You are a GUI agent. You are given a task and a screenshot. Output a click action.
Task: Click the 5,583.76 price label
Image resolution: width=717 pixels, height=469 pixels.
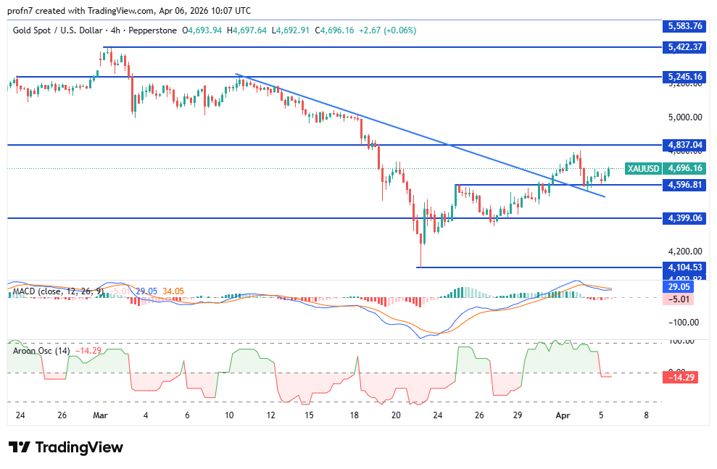click(x=684, y=26)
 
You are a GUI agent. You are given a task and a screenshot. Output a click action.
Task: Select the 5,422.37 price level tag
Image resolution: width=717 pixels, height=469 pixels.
click(x=684, y=47)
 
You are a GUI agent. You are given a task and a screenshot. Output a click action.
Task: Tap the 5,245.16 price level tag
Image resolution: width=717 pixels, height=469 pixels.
click(x=684, y=76)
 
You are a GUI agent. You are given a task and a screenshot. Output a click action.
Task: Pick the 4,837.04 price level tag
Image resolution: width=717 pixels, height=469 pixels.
click(x=684, y=145)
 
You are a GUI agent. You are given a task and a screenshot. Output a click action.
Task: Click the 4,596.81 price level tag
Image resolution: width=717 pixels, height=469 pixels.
click(x=684, y=185)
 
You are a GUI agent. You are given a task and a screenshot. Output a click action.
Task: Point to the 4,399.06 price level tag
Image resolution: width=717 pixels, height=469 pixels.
click(x=684, y=217)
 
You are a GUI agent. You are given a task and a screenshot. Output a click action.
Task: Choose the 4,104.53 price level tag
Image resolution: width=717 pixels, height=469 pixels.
click(x=684, y=267)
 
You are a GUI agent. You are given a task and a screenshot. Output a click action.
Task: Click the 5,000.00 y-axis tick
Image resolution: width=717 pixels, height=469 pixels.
click(x=684, y=117)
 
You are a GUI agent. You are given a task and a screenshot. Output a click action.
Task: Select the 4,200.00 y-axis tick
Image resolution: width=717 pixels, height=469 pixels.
click(x=684, y=252)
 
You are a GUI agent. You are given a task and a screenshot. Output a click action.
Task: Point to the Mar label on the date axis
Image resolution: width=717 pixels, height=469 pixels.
click(x=101, y=415)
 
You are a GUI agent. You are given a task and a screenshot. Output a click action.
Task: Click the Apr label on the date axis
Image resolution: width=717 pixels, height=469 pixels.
click(x=563, y=415)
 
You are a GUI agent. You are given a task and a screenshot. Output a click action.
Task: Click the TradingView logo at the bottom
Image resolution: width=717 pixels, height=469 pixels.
click(x=66, y=447)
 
